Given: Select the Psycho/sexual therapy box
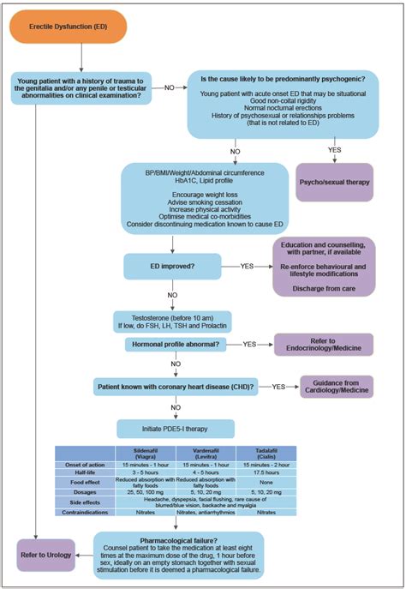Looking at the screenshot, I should [x=335, y=182].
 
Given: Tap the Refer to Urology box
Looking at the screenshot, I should [x=40, y=553].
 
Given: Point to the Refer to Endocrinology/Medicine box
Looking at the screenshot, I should [x=328, y=346].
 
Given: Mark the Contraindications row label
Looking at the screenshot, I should [x=86, y=512].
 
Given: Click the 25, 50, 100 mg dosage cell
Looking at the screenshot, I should [x=146, y=491].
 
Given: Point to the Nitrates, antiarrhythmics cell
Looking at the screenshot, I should [x=207, y=512].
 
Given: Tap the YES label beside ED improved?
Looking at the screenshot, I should [x=248, y=266].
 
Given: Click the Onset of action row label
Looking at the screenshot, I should [x=86, y=464].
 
